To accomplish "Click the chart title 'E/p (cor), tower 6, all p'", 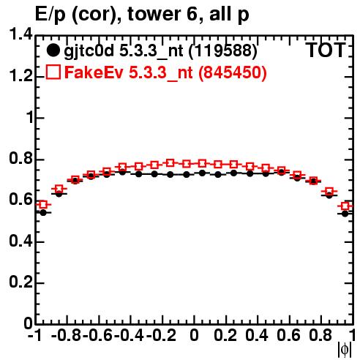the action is click(142, 15).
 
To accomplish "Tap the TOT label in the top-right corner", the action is click(326, 50).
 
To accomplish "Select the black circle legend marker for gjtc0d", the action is click(53, 50).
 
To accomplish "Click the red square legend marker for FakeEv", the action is click(53, 72).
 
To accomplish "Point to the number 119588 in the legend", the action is click(223, 50).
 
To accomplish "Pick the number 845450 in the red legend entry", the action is click(233, 72).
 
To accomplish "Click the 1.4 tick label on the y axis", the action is click(21, 34).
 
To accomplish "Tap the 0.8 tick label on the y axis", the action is click(21, 159).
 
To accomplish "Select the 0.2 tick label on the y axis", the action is click(21, 282).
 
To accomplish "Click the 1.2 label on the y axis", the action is click(21, 76).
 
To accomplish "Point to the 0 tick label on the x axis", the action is click(194, 336).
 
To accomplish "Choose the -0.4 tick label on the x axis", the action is click(129, 336).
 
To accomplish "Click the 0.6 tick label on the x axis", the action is click(288, 336).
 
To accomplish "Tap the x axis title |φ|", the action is click(345, 350).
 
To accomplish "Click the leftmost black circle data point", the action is click(43, 213).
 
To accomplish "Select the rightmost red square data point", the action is click(345, 206).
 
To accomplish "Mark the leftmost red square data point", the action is click(43, 205).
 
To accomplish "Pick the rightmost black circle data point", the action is click(345, 214).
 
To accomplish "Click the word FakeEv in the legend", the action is click(94, 72).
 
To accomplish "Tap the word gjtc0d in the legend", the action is click(89, 51).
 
